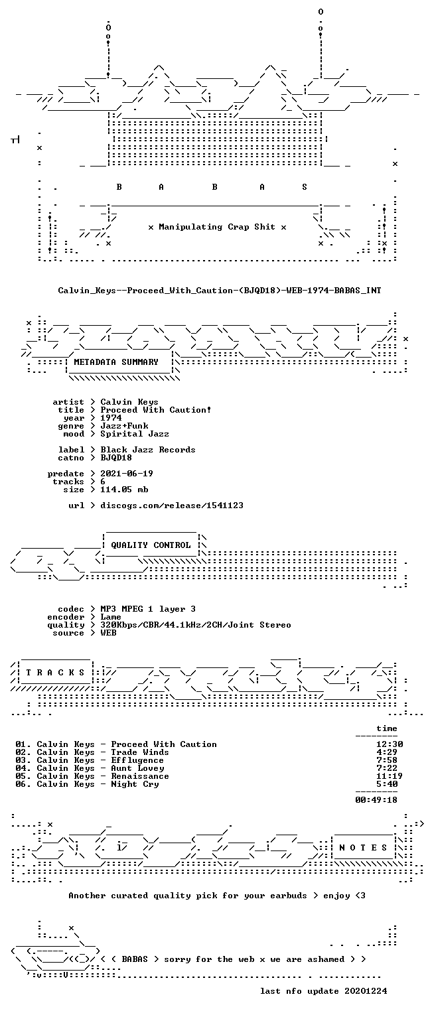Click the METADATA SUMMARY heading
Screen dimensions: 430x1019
pyautogui.click(x=116, y=362)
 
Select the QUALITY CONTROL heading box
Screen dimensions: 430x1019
pyautogui.click(x=151, y=545)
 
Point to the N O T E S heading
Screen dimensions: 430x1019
pyautogui.click(x=363, y=847)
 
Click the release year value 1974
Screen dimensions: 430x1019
pyautogui.click(x=111, y=417)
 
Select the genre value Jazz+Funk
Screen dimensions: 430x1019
pyautogui.click(x=124, y=426)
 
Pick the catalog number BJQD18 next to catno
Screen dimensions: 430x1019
pyautogui.click(x=116, y=458)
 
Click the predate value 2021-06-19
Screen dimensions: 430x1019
pyautogui.click(x=127, y=474)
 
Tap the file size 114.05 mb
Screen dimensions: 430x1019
pyautogui.click(x=124, y=490)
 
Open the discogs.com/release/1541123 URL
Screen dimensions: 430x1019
pyautogui.click(x=172, y=506)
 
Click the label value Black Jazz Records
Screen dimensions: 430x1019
pyautogui.click(x=148, y=449)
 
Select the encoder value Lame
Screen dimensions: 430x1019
pyautogui.click(x=111, y=617)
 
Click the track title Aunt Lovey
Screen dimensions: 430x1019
pyautogui.click(x=137, y=768)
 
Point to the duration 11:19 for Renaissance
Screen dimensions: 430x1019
pyautogui.click(x=389, y=776)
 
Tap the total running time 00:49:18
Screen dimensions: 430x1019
pyautogui.click(x=376, y=799)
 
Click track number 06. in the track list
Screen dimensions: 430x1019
pyautogui.click(x=23, y=783)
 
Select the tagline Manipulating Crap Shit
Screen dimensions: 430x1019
pyautogui.click(x=216, y=226)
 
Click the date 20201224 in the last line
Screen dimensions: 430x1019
pyautogui.click(x=366, y=990)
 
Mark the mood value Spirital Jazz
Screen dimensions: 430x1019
pyautogui.click(x=135, y=433)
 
